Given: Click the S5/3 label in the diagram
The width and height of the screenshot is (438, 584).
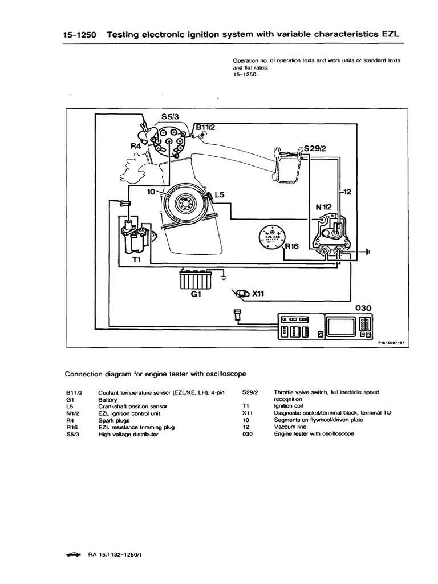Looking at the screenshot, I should (171, 116).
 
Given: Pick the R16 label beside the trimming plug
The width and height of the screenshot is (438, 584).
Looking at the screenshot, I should (292, 246).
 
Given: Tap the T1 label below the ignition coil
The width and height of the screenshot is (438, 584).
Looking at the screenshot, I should (137, 259).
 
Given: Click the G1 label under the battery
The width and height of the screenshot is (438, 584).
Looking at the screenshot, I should (196, 297).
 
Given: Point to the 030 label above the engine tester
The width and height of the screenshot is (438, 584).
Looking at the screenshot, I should (363, 307).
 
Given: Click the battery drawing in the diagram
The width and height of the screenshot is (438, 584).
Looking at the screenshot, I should (197, 280).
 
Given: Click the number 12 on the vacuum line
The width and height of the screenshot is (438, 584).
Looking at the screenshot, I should (347, 192).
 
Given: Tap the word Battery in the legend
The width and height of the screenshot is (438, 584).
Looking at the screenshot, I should (107, 400).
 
